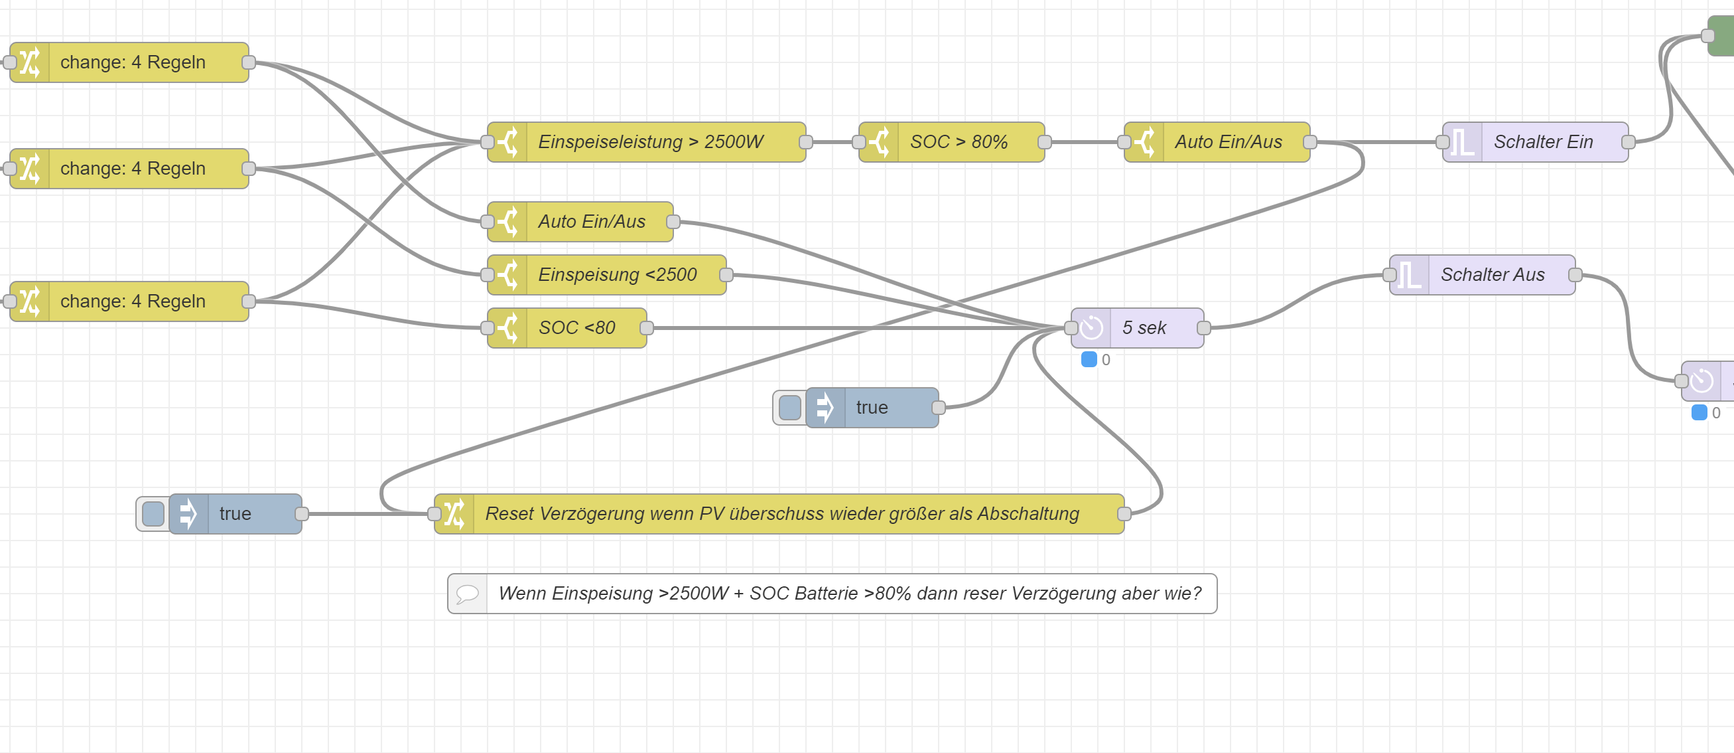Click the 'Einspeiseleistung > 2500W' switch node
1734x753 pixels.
click(649, 142)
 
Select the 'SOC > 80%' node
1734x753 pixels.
click(959, 142)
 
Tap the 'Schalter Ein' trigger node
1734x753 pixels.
click(1542, 142)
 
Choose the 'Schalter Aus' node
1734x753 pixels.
click(1492, 275)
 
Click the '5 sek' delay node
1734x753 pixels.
click(1144, 328)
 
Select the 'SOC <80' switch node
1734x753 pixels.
click(576, 328)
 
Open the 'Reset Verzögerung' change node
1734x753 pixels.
click(781, 514)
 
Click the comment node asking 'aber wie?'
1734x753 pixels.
click(849, 594)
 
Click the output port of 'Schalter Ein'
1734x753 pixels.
click(1629, 142)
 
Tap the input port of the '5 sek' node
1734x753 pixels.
click(1071, 328)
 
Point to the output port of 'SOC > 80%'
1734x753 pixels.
click(1045, 142)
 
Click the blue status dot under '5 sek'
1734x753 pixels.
click(1089, 360)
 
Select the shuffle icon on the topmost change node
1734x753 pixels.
click(30, 62)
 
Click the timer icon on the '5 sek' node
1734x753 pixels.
click(1091, 328)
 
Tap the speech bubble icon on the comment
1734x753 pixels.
click(467, 594)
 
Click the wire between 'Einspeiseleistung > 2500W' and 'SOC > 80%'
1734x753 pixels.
click(832, 142)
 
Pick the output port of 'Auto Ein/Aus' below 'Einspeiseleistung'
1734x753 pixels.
click(673, 222)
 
